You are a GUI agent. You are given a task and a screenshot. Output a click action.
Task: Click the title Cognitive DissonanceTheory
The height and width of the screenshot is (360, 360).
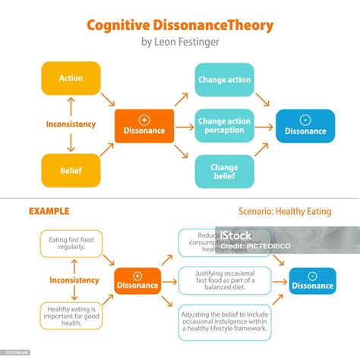click(180, 25)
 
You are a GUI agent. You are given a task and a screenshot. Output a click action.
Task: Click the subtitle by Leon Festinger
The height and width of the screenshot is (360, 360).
click(180, 43)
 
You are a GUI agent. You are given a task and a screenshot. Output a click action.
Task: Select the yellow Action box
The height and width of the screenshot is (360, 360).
click(71, 78)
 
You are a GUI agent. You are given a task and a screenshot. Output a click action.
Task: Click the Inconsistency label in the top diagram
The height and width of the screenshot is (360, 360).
click(71, 125)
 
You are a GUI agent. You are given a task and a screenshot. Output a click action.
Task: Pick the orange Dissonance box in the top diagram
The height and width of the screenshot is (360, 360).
click(144, 125)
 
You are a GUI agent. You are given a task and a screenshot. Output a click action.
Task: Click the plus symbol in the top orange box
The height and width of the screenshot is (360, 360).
click(144, 119)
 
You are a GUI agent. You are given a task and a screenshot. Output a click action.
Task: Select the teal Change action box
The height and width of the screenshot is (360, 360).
click(224, 80)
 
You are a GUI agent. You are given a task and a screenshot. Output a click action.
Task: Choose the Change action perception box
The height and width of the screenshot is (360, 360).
click(224, 125)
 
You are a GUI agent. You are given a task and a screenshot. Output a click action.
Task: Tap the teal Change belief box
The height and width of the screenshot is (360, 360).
click(224, 171)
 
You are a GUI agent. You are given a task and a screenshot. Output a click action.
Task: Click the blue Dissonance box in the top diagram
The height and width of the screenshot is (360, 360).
click(305, 125)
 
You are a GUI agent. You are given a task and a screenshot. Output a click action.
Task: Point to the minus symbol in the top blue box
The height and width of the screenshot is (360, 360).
click(305, 119)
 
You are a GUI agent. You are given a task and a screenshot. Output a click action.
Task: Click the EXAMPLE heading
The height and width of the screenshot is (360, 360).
click(49, 211)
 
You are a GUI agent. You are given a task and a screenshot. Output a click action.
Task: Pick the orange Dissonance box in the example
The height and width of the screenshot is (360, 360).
click(137, 280)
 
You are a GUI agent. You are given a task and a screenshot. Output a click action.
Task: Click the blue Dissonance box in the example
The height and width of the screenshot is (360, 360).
click(312, 280)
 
